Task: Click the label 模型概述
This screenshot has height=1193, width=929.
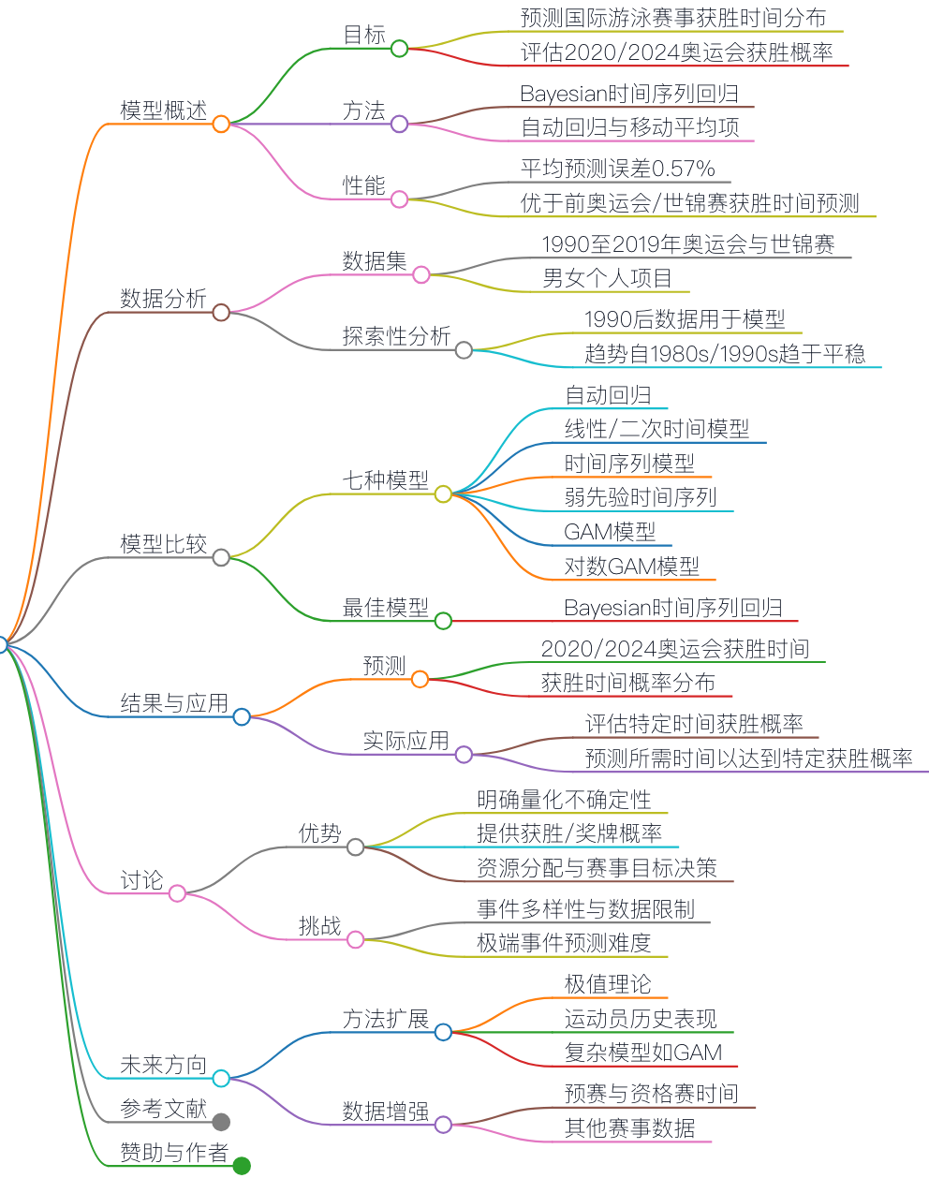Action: pos(164,110)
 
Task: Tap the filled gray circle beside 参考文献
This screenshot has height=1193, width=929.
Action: pos(221,1122)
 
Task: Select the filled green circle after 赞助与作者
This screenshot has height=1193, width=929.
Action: pos(242,1166)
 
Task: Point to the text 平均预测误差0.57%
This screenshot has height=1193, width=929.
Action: pos(618,168)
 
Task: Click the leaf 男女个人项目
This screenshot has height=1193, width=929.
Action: pos(607,278)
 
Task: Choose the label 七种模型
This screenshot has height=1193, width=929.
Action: pos(386,480)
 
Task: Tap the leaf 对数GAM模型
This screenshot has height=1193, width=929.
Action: pos(632,566)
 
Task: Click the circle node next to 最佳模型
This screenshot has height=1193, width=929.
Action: pos(443,621)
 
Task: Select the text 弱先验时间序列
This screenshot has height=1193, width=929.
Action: pos(641,497)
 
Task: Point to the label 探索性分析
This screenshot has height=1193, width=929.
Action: pos(396,336)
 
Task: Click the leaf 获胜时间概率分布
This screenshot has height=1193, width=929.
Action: pos(628,683)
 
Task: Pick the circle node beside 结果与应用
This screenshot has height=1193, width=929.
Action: pos(242,716)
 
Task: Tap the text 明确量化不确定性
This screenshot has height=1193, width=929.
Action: pos(564,800)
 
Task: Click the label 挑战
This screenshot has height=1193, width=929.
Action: pos(320,926)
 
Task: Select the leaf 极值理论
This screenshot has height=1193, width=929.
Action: pos(608,984)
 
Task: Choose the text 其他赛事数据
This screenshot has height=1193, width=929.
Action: pos(629,1128)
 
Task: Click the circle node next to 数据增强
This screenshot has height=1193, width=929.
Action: pos(443,1125)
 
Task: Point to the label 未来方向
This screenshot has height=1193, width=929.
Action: pos(164,1065)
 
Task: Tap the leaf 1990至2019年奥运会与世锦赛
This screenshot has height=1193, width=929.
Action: pos(688,243)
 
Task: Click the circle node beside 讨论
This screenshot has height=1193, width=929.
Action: pos(177,893)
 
